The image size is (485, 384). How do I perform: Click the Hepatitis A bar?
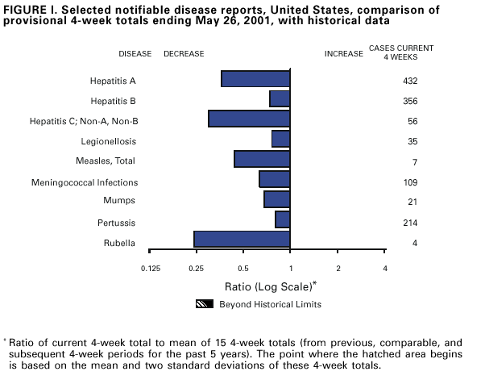pos(255,79)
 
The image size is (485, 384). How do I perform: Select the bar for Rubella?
pos(242,239)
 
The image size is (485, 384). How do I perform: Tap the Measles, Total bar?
pos(262,159)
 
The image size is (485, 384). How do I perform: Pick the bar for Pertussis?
pos(282,219)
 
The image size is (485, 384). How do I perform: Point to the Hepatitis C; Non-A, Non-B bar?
pos(249,119)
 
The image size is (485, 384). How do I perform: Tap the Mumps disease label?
pos(119,200)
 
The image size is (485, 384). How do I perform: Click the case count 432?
pos(409,81)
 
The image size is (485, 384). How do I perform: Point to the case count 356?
pos(409,101)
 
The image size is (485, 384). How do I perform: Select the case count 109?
pos(409,182)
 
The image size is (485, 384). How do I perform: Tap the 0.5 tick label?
pos(243,268)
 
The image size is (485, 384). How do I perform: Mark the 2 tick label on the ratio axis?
pos(338,268)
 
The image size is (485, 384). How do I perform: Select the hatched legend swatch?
pos(205,304)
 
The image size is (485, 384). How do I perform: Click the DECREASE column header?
pos(184,54)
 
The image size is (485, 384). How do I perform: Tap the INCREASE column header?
pos(343,54)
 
